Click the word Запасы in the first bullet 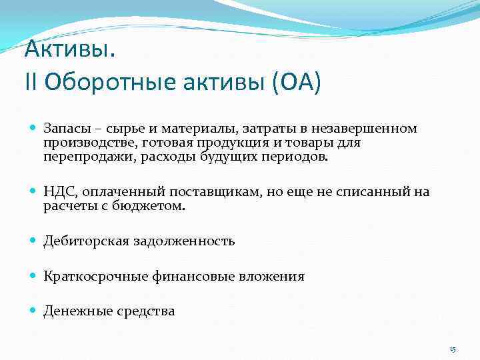pyautogui.click(x=64, y=128)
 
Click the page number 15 pyautogui.click(x=453, y=350)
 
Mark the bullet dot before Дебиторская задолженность pyautogui.click(x=33, y=241)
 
